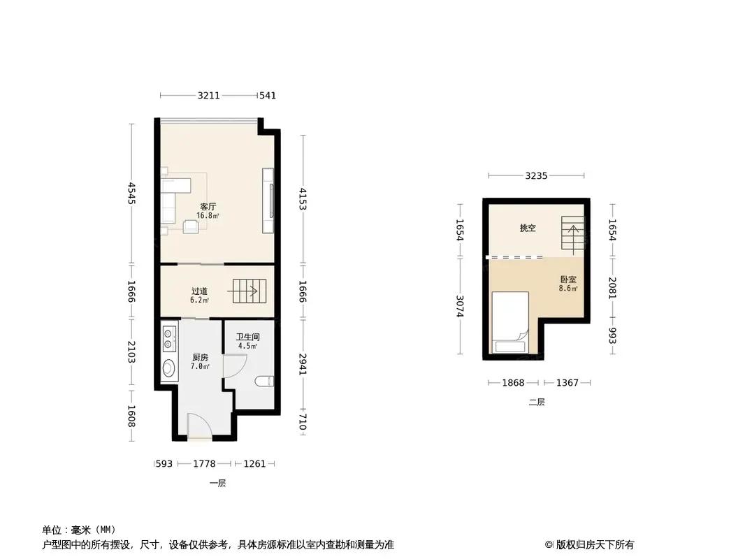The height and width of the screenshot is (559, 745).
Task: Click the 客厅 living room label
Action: tap(208, 207)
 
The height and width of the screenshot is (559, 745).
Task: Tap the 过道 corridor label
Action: tap(200, 291)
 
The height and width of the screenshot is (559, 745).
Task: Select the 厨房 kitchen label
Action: tap(200, 357)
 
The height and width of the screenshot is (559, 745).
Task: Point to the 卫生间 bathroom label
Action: tap(248, 337)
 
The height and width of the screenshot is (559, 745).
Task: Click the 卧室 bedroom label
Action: tap(568, 279)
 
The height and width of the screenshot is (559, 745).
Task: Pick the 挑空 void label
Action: tap(528, 228)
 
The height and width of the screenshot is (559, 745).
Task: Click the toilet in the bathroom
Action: tap(265, 381)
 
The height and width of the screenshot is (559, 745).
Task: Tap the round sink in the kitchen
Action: tap(168, 368)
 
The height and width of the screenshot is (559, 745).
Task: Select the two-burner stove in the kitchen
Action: tap(168, 338)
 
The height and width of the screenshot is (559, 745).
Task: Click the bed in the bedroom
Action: tap(510, 323)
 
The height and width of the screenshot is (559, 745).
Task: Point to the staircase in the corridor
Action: tap(249, 291)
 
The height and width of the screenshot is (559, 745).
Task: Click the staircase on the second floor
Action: tap(572, 233)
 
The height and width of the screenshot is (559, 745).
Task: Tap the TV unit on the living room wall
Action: tap(268, 201)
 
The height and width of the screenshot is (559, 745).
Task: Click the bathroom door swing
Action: tap(235, 365)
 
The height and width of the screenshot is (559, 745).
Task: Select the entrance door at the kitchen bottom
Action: tap(200, 426)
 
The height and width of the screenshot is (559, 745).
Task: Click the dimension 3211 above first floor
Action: tap(208, 96)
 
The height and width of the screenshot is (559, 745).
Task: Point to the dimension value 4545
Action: tap(132, 194)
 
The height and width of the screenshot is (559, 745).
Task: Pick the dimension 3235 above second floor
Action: tap(536, 175)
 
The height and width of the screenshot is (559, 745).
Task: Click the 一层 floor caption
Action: tap(217, 483)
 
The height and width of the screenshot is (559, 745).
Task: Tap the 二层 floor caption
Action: tap(537, 402)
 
